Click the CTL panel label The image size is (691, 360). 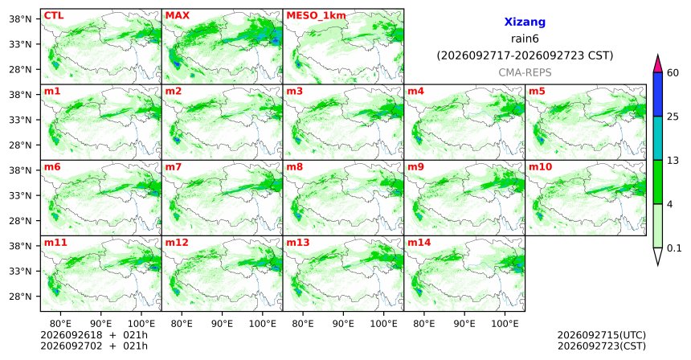tap(54, 16)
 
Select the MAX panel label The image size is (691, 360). tap(177, 16)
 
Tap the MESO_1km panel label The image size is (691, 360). tap(316, 16)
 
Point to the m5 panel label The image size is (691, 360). tap(537, 92)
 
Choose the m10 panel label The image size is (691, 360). tap(540, 167)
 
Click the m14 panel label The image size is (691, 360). tap(419, 243)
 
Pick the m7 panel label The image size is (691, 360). tap(174, 167)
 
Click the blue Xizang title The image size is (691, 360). tap(525, 22)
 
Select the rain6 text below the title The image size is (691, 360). tap(525, 39)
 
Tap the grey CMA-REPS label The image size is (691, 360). tap(525, 72)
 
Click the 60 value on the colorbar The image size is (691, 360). tap(673, 72)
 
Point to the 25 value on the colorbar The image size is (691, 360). tap(673, 117)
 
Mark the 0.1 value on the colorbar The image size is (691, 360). tap(674, 248)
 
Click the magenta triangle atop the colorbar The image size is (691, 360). tap(657, 64)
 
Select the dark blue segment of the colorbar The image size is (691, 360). tap(657, 94)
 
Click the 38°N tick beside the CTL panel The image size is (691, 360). tap(20, 19)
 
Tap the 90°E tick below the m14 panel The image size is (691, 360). tap(464, 325)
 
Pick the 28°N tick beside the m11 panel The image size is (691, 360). tap(20, 296)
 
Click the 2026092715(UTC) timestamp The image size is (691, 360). tap(602, 336)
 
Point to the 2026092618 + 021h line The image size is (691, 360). tap(94, 335)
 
